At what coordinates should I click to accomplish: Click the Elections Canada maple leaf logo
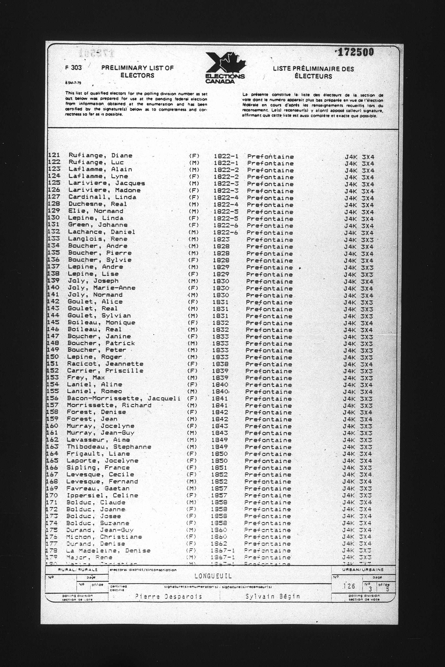click(225, 67)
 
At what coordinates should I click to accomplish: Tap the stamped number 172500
click(355, 52)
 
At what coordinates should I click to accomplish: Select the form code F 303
click(73, 68)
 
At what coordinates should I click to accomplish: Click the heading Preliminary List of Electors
click(137, 72)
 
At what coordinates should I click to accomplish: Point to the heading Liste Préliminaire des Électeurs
click(313, 72)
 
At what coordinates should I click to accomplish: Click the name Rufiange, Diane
click(100, 155)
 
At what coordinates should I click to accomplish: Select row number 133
click(53, 239)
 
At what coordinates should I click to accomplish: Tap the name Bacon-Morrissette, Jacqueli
click(124, 398)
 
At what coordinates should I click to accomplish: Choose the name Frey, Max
click(86, 378)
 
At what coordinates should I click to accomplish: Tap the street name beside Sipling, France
click(268, 468)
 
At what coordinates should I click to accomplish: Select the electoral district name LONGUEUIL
click(213, 576)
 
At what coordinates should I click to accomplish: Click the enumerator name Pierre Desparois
click(168, 596)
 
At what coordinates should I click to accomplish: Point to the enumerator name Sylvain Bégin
click(272, 596)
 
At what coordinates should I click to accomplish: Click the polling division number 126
click(349, 586)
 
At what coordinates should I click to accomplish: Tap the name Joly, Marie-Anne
click(101, 288)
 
